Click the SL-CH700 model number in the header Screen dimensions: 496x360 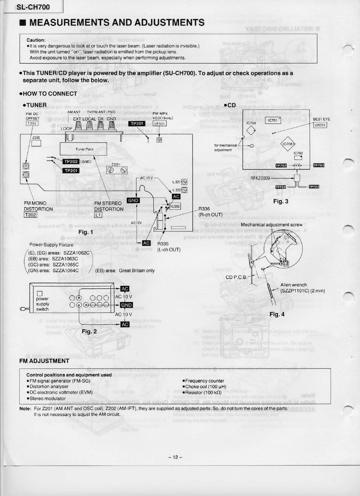click(33, 7)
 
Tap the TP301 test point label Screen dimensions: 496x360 click(138, 123)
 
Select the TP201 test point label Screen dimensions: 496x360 click(71, 170)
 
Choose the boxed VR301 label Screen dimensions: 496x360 click(159, 123)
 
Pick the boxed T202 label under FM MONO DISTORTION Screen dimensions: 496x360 click(30, 215)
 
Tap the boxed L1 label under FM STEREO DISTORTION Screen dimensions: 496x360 click(98, 215)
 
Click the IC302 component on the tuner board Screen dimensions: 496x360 click(175, 206)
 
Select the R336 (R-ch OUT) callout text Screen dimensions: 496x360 click(210, 212)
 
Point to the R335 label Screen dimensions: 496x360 click(163, 243)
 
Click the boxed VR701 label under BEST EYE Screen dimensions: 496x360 click(320, 125)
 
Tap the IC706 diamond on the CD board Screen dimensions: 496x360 click(289, 144)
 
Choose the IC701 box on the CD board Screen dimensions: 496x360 click(273, 120)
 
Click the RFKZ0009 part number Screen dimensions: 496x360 click(260, 178)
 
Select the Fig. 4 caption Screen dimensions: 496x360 click(277, 314)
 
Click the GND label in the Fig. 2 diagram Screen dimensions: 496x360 click(126, 305)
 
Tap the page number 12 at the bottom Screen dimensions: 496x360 click(176, 457)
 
